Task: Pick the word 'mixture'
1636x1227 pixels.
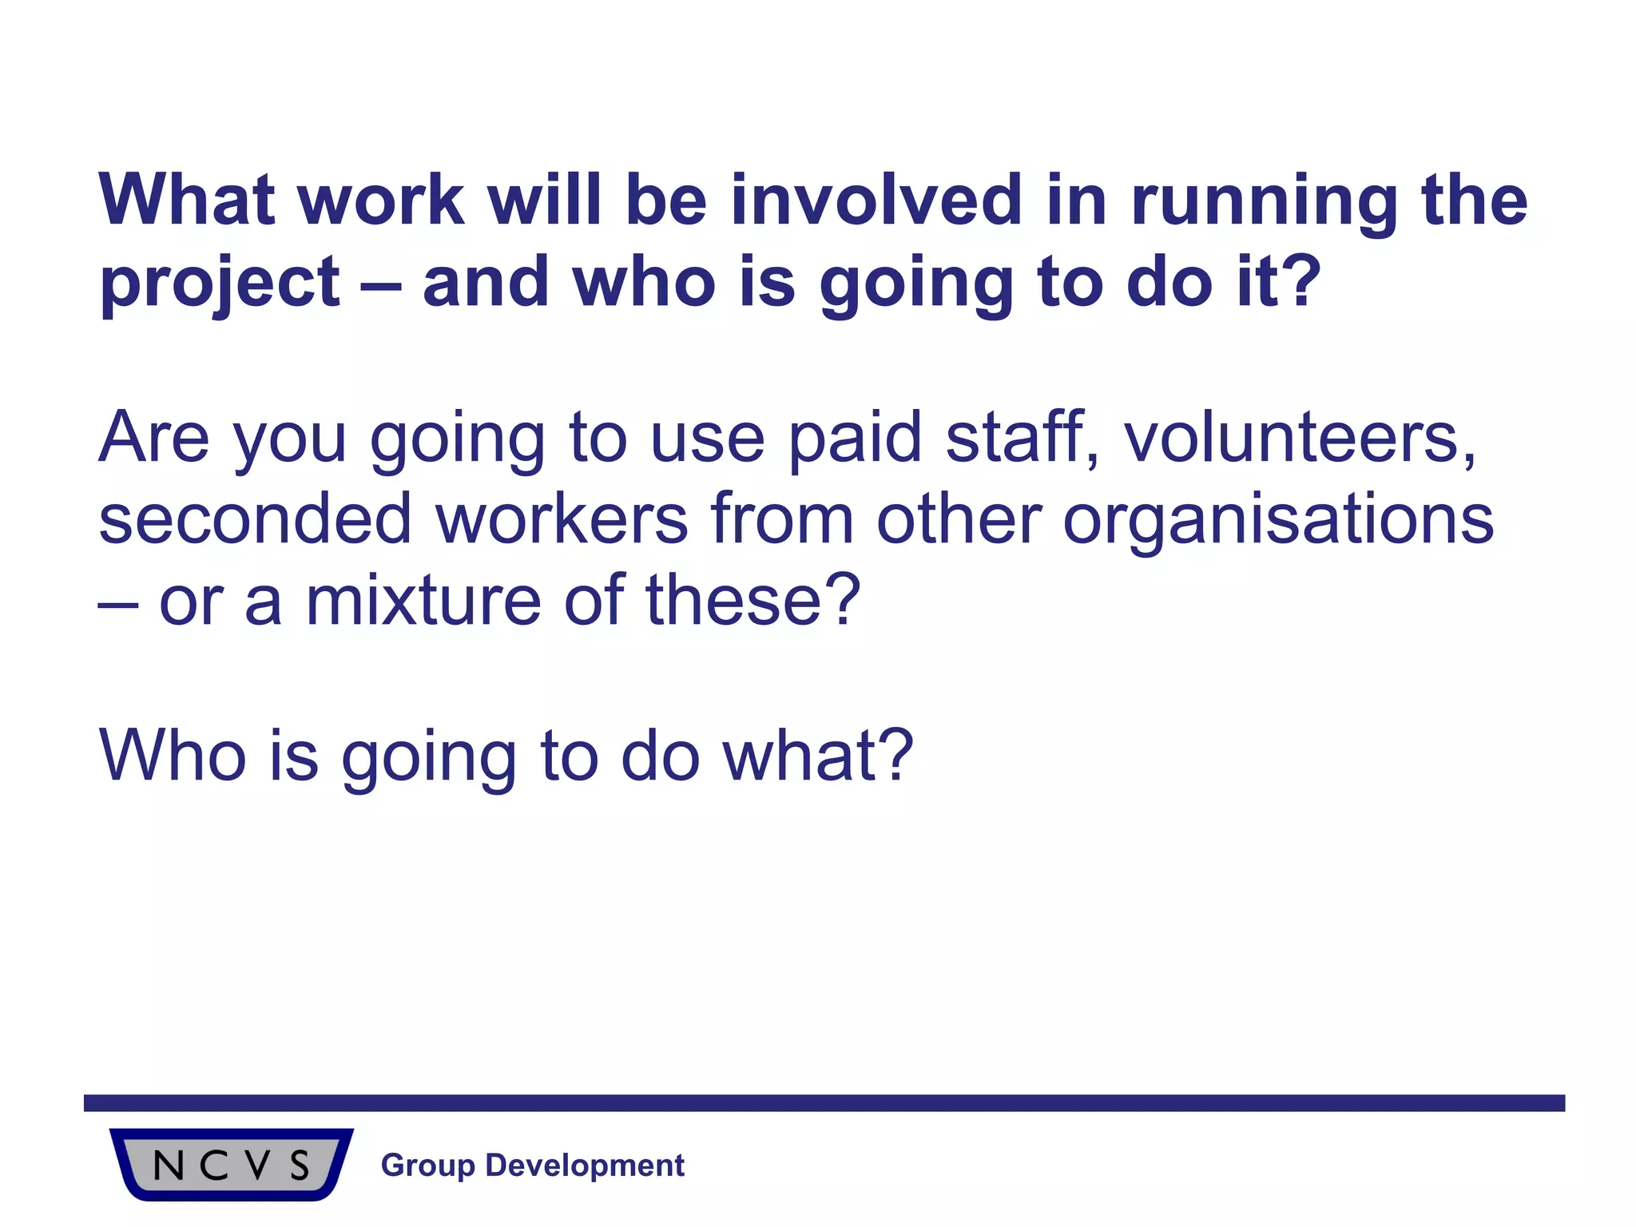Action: coord(423,600)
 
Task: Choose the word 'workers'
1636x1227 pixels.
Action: coord(562,519)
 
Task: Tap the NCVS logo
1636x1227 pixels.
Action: coord(232,1164)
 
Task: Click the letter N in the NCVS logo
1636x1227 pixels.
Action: coord(169,1166)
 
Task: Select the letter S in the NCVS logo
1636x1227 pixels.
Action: coord(300,1166)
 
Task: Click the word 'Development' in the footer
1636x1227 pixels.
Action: coord(585,1166)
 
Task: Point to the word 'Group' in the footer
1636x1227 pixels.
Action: coord(428,1166)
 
